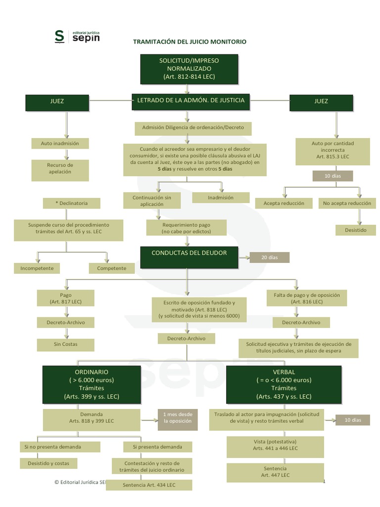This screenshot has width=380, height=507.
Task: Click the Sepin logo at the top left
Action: [x=77, y=36]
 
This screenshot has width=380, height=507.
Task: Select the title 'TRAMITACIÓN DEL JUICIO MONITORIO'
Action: [x=190, y=42]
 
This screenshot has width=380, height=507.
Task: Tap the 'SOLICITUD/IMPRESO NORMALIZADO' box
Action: [x=189, y=68]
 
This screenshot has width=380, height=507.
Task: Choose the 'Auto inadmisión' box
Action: [x=60, y=144]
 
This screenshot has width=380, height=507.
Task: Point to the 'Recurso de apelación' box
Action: [x=60, y=168]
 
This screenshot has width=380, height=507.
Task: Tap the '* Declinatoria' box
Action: [x=72, y=203]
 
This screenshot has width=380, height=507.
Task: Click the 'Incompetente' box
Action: [x=37, y=268]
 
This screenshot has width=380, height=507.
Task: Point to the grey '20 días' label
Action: [x=269, y=257]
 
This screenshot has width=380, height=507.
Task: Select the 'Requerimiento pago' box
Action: [x=186, y=228]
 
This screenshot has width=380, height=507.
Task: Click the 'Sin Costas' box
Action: [x=66, y=344]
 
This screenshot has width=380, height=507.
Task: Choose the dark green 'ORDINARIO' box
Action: [x=92, y=384]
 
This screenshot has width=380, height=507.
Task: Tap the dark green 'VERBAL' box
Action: [x=284, y=384]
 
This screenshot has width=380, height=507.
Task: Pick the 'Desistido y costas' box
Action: [x=48, y=463]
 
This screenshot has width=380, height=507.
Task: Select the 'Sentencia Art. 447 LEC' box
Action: [x=275, y=471]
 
